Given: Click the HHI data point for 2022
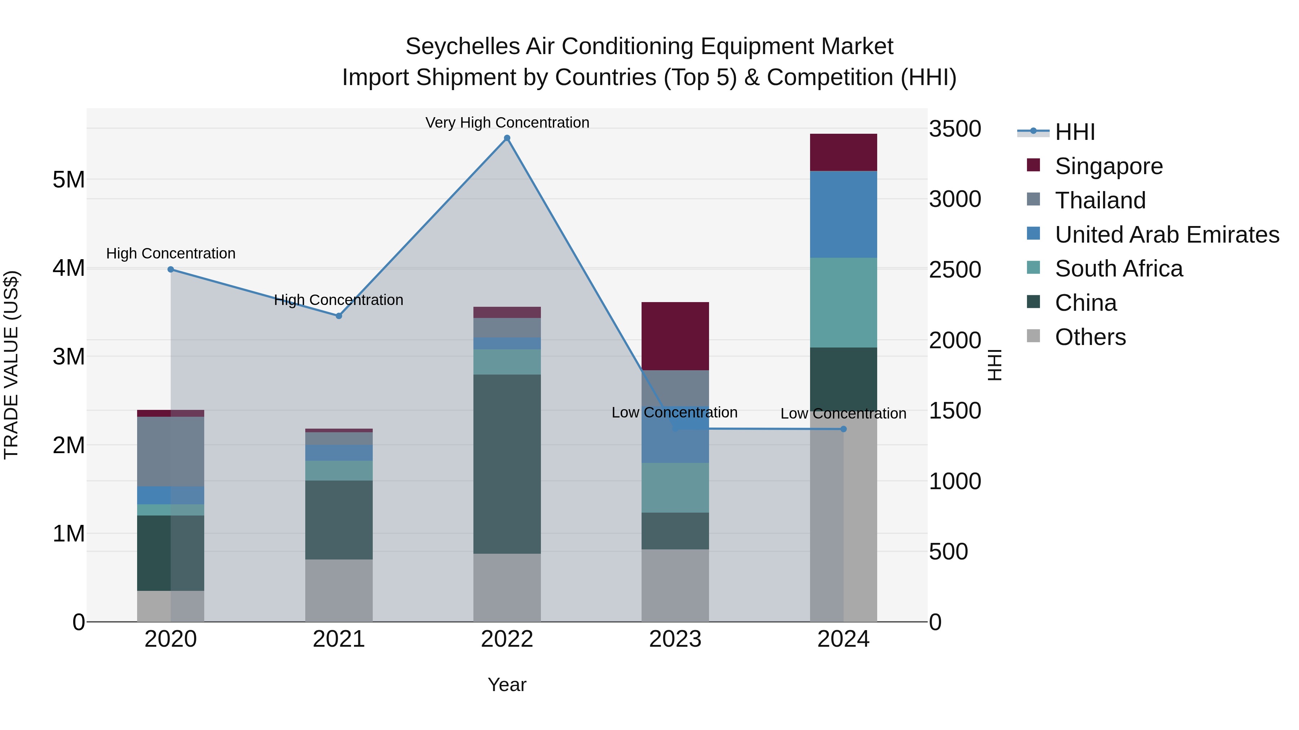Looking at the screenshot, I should click(507, 138).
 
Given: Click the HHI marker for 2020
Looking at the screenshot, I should click(170, 270).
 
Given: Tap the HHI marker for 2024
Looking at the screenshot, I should click(843, 429).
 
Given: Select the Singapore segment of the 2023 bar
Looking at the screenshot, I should click(675, 336).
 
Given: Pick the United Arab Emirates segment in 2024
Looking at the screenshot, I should click(843, 214).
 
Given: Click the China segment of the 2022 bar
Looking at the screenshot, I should click(507, 464).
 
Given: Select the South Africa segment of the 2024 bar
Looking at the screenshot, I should click(843, 302).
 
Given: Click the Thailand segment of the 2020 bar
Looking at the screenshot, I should click(170, 451).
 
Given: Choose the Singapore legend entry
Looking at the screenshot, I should click(1108, 166).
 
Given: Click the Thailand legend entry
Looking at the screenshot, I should click(1100, 200).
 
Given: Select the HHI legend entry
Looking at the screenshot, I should click(1074, 132).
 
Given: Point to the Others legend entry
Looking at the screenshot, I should click(1090, 337).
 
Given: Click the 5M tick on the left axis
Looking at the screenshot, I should click(69, 180).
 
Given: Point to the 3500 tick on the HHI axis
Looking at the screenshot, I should click(954, 129).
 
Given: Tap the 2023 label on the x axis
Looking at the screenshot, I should click(675, 639).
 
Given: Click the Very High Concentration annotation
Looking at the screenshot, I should click(507, 123).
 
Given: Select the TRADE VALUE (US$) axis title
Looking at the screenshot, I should click(11, 365).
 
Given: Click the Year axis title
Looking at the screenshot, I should click(507, 685).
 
